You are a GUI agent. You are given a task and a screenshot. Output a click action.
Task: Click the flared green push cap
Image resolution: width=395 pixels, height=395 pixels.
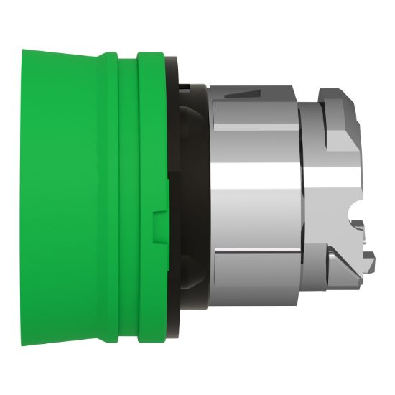click(x=61, y=194)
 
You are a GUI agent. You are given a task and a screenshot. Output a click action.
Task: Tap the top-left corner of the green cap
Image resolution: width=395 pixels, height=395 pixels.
click(x=24, y=51)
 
